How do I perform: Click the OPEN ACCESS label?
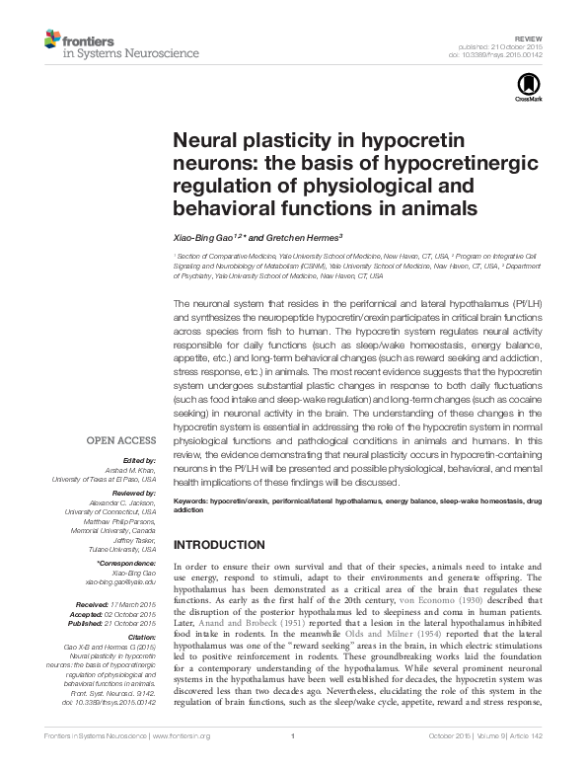(121, 440)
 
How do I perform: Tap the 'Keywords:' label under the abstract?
(191, 500)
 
